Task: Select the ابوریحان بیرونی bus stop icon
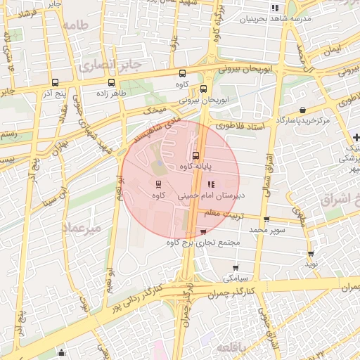204,89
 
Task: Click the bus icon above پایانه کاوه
195,155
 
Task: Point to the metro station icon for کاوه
158,184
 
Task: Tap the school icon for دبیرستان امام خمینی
210,185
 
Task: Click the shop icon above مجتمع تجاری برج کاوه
204,231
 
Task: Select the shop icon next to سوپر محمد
266,219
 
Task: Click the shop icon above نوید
310,253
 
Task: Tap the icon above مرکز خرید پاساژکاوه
302,110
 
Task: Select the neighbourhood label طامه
77,25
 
